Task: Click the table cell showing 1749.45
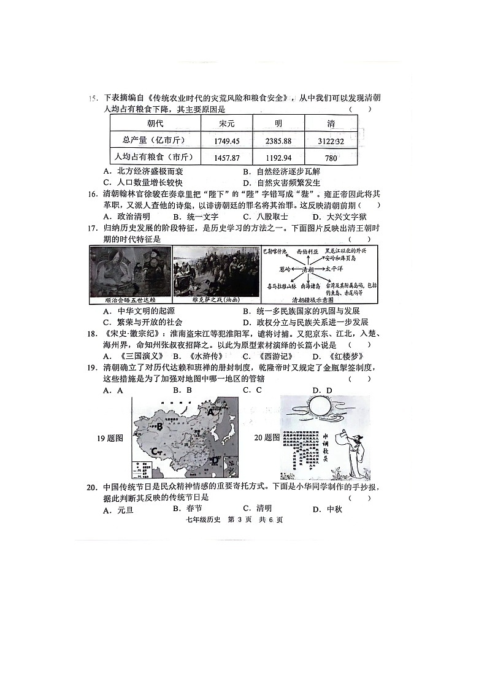click(x=226, y=140)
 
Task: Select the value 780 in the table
click(x=331, y=158)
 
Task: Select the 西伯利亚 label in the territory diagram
click(x=309, y=252)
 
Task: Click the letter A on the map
click(x=212, y=413)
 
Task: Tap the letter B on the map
click(x=159, y=426)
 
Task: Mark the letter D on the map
click(x=215, y=460)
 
